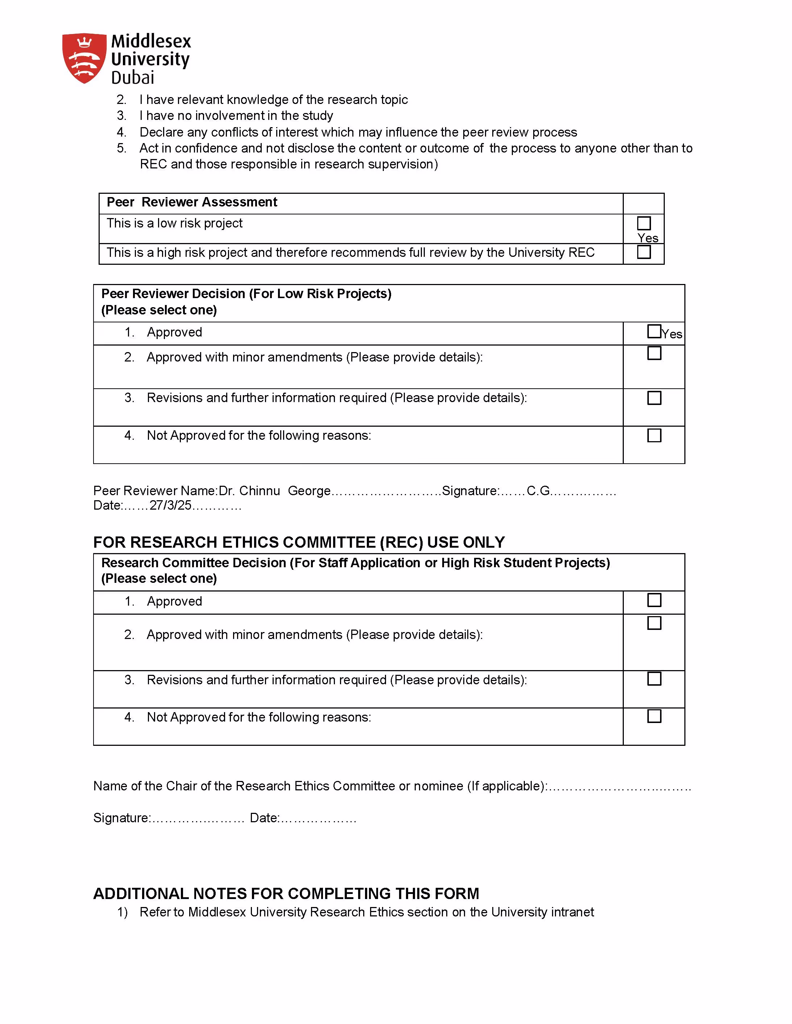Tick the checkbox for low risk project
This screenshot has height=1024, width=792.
tap(644, 223)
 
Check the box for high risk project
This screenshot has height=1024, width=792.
tap(644, 252)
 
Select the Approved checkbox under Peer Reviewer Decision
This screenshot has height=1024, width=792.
tap(654, 331)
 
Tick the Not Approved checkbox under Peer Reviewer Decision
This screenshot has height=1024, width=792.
tap(654, 436)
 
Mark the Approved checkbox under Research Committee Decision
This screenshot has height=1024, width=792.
tap(654, 600)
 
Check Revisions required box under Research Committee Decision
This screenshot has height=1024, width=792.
tap(654, 679)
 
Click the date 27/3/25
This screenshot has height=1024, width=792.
tap(170, 505)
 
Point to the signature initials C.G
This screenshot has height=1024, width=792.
tap(538, 491)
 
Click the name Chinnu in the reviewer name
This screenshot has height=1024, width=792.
tap(260, 491)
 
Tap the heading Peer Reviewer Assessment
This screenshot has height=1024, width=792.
tap(192, 202)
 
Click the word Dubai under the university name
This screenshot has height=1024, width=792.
tap(133, 78)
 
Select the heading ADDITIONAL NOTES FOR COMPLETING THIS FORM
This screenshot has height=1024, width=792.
tap(286, 894)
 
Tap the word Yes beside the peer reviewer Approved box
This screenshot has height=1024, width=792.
tap(672, 334)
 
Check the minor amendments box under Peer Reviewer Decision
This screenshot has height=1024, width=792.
tap(654, 353)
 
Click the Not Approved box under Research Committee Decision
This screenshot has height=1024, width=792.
tap(654, 716)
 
